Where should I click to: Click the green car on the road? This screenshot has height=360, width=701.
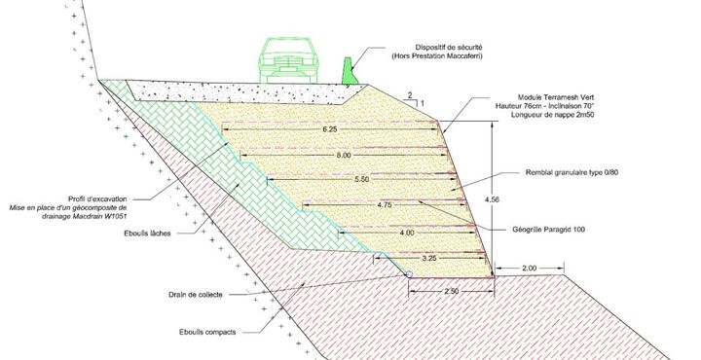tap(286, 60)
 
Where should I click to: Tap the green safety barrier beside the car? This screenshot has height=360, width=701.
tap(350, 71)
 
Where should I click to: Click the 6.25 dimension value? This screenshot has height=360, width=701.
tap(329, 129)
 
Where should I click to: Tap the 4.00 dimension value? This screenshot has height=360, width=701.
tap(406, 233)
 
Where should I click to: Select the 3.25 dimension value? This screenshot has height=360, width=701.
tap(428, 258)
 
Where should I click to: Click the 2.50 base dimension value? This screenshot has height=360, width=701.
tap(451, 291)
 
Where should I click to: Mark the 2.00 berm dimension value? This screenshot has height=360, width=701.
tap(529, 268)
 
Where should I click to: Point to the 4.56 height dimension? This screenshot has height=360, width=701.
tap(492, 199)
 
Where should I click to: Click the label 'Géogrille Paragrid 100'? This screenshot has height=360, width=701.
tap(548, 230)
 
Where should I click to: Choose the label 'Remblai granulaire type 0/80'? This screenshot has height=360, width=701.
tap(572, 172)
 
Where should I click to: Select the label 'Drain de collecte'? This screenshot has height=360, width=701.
tap(196, 295)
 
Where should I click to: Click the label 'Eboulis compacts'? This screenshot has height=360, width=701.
tap(207, 332)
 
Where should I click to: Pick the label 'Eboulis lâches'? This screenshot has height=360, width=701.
tap(148, 234)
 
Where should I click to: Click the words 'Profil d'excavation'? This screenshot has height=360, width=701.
tap(97, 198)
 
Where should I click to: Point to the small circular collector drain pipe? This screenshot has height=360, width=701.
tap(409, 273)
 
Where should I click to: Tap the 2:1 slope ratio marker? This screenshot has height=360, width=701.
tap(412, 99)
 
